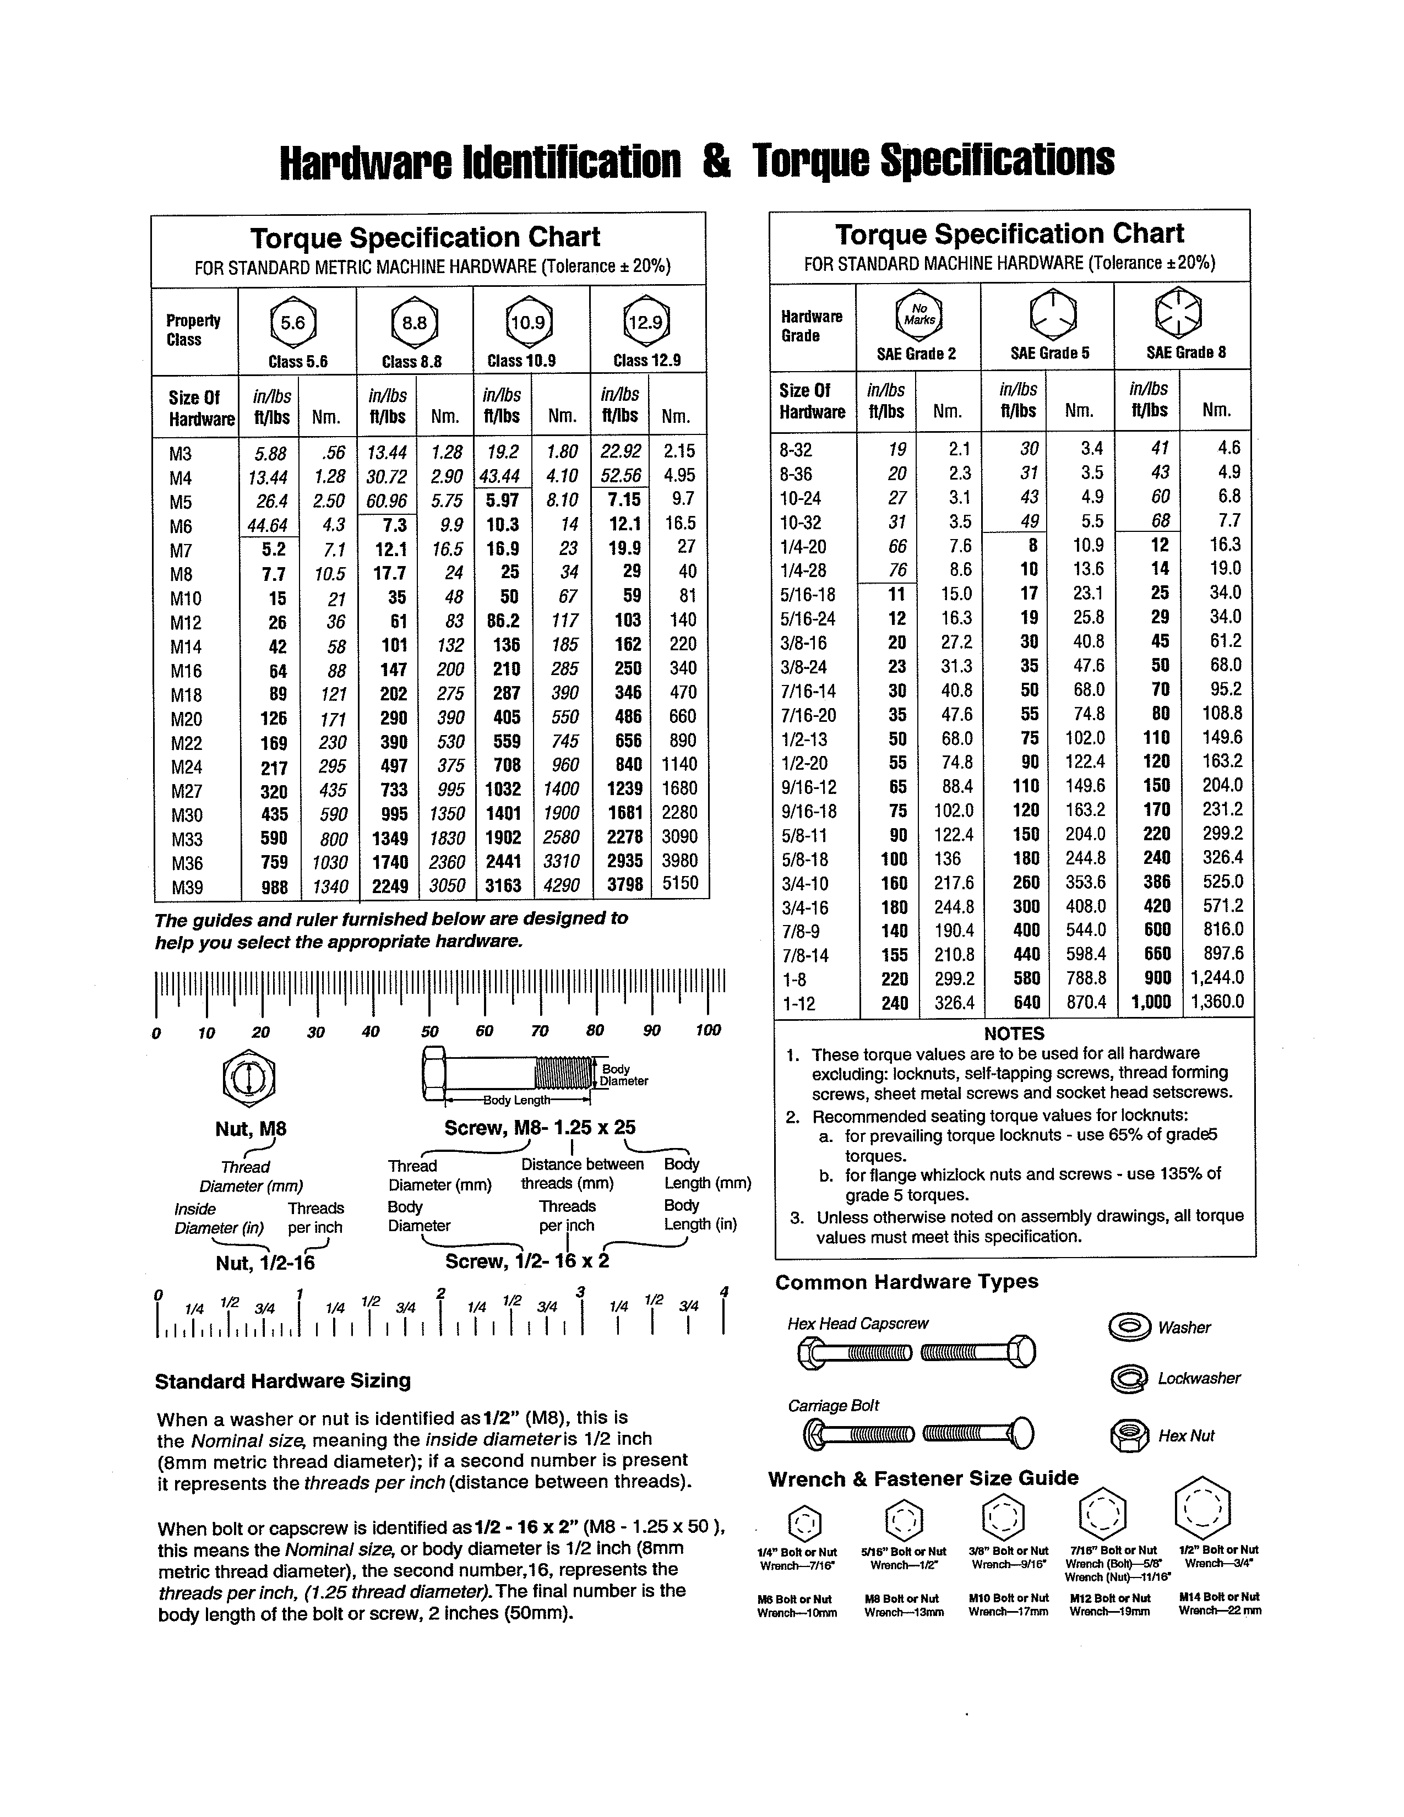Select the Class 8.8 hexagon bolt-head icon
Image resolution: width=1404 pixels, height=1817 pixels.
(414, 323)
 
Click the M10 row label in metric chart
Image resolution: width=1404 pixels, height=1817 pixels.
(186, 598)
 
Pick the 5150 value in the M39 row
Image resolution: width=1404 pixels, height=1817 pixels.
(679, 884)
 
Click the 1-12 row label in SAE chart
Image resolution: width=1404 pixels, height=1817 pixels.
(799, 1003)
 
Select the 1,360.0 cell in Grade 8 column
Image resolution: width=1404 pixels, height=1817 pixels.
(1217, 1002)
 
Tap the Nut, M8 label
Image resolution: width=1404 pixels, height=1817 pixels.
(251, 1129)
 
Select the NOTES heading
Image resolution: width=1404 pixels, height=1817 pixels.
(1013, 1033)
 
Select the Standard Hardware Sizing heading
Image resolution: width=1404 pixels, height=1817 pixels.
(283, 1381)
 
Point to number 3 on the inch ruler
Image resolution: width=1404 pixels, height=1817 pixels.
(580, 1291)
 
